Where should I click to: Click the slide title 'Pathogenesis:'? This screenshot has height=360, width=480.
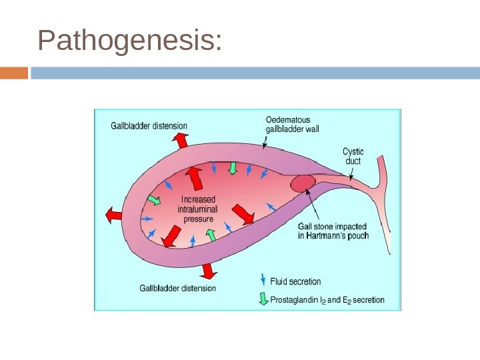pos(130,41)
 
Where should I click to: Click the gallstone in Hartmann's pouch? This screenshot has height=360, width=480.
pos(302,181)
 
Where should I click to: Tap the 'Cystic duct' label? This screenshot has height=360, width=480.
pos(353,156)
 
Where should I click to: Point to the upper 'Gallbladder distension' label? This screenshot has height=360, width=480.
pos(149,125)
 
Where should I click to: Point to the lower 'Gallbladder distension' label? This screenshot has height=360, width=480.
pos(177,288)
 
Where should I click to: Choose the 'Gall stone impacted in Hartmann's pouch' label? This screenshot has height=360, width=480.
pos(333,231)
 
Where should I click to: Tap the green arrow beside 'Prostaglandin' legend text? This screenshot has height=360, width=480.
pos(263,299)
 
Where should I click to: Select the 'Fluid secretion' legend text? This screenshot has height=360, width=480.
pos(295,281)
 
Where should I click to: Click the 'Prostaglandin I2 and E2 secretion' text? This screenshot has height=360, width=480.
pos(327,300)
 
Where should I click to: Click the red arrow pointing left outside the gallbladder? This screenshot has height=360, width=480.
pos(113,215)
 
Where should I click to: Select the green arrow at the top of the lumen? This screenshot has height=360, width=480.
pos(233,167)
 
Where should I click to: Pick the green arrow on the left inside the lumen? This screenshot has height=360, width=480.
pos(155,200)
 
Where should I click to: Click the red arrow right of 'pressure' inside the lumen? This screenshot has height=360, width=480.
pos(243,213)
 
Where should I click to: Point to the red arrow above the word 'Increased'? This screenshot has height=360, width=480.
pos(195,178)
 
